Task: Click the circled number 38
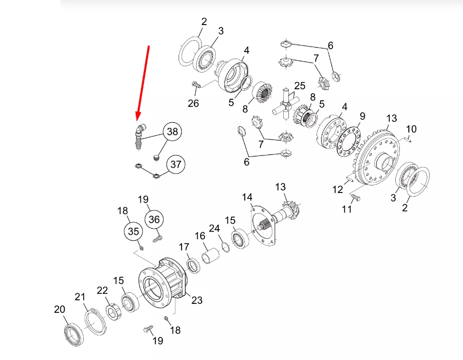click(173, 131)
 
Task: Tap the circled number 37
click(176, 164)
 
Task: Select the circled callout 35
click(133, 231)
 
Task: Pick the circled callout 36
click(154, 220)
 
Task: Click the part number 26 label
click(194, 103)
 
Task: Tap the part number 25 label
click(299, 86)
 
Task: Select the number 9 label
click(362, 116)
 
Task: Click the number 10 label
click(411, 129)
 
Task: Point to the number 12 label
click(338, 189)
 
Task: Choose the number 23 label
click(197, 300)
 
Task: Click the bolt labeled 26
click(196, 85)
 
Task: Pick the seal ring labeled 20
click(74, 334)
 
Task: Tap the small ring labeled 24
click(225, 247)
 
